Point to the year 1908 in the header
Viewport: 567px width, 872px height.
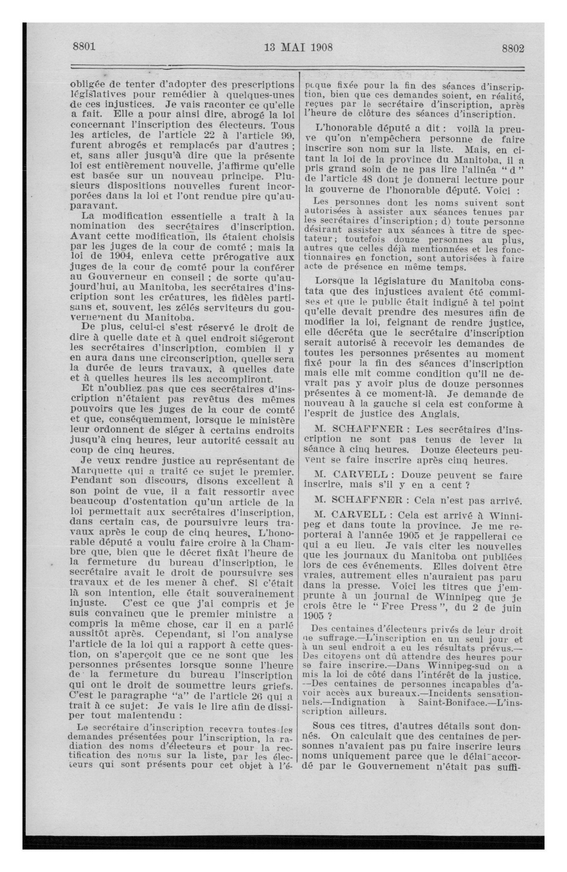[x=321, y=48]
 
